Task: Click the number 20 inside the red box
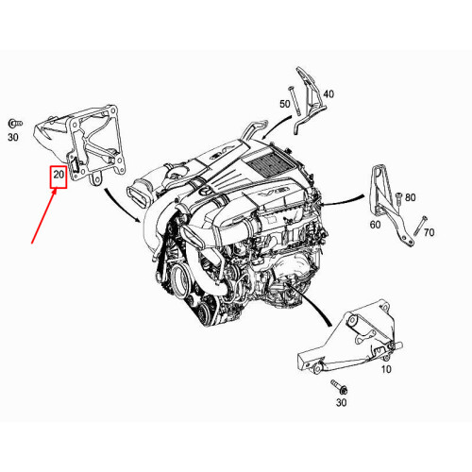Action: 59,175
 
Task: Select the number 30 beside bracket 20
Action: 13,138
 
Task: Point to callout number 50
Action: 284,103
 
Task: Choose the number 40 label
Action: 329,94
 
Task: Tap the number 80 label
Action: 410,198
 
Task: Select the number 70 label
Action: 429,232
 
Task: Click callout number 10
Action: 385,370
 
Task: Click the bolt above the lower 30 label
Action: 338,387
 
